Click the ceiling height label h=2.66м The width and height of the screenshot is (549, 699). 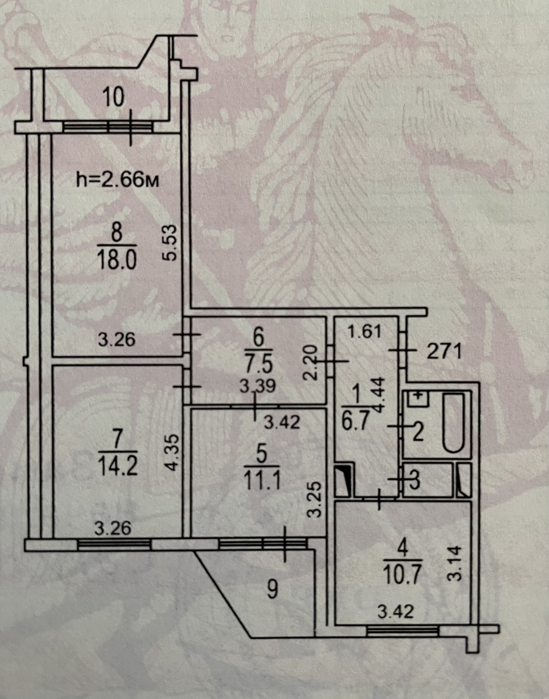point(117,180)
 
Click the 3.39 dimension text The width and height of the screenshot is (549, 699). point(257,387)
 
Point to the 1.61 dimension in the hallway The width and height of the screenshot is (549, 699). point(364,332)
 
